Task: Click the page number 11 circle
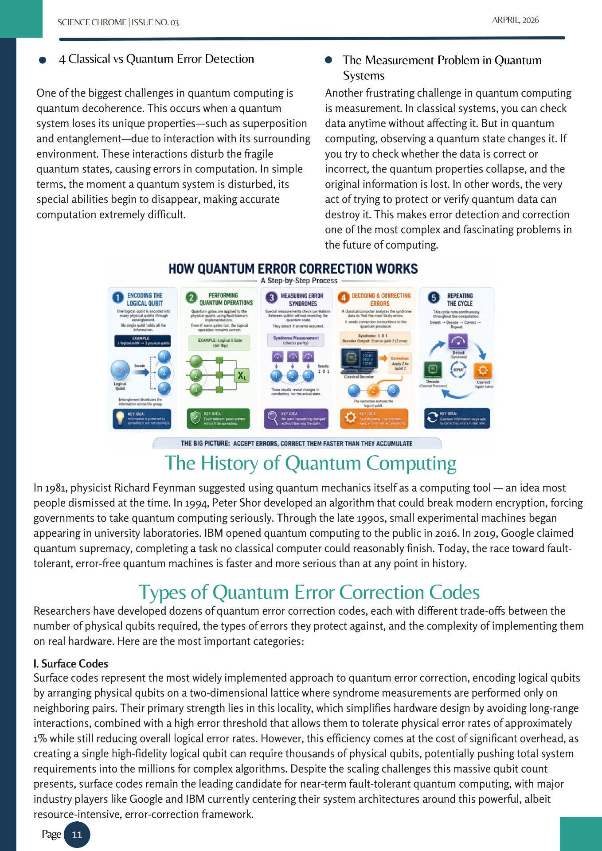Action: pyautogui.click(x=77, y=835)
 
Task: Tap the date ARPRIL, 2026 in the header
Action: pyautogui.click(x=515, y=20)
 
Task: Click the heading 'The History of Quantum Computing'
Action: pyautogui.click(x=310, y=463)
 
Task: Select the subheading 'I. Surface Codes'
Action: pyautogui.click(x=71, y=664)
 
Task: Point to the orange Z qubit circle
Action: pyautogui.click(x=373, y=390)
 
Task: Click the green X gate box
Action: pyautogui.click(x=242, y=376)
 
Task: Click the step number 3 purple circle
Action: pyautogui.click(x=271, y=297)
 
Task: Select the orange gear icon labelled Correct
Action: pyautogui.click(x=483, y=370)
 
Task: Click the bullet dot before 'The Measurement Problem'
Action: pyautogui.click(x=328, y=60)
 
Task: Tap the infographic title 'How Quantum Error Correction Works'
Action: pyautogui.click(x=293, y=269)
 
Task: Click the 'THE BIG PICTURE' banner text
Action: pyautogui.click(x=296, y=443)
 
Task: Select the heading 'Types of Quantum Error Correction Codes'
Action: pyautogui.click(x=309, y=592)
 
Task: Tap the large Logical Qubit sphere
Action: pyautogui.click(x=120, y=370)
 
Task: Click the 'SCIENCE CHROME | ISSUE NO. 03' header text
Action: pyautogui.click(x=118, y=22)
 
